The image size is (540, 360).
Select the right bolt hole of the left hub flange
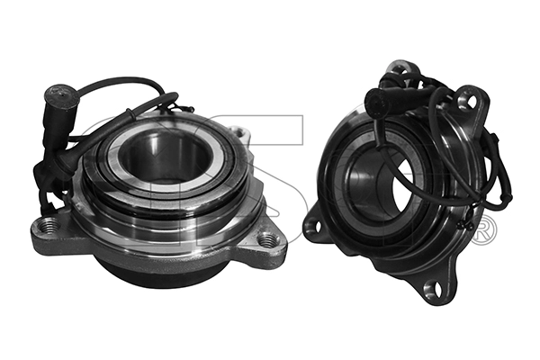coord(267,239)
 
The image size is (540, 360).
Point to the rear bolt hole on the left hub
coord(239,133)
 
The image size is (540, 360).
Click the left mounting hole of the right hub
coord(315,226)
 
